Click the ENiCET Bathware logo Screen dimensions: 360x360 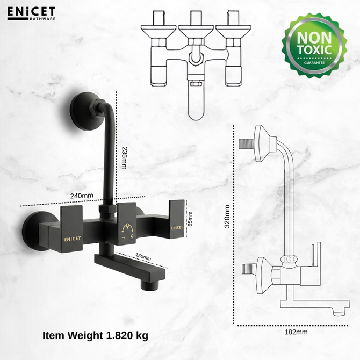pyautogui.click(x=31, y=13)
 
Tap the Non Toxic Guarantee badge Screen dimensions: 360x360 pyautogui.click(x=314, y=45)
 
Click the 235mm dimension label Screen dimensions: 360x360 pyautogui.click(x=124, y=158)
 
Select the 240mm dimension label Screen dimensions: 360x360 pyautogui.click(x=82, y=196)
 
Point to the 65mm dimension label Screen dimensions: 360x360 pyautogui.click(x=190, y=219)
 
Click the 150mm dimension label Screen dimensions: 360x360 pyautogui.click(x=143, y=257)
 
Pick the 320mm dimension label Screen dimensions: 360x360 pyautogui.click(x=227, y=217)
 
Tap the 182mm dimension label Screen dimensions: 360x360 pyautogui.click(x=296, y=332)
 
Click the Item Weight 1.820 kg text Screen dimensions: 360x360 pyautogui.click(x=95, y=335)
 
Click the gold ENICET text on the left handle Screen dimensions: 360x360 pyautogui.click(x=73, y=239)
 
